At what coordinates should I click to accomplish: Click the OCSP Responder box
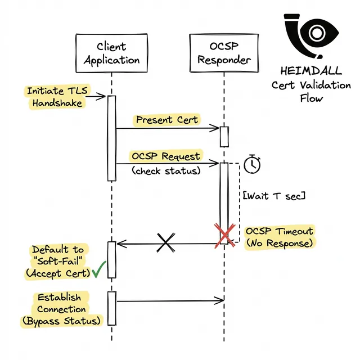[224, 53]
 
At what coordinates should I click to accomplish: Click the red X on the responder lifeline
[224, 235]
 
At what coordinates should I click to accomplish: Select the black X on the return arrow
[165, 243]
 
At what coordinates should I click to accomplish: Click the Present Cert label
[166, 120]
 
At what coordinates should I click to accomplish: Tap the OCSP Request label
[165, 156]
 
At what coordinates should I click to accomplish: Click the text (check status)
[166, 170]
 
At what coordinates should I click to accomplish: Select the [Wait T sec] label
[274, 196]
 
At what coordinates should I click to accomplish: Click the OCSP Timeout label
[280, 231]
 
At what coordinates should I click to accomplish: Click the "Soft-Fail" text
[58, 262]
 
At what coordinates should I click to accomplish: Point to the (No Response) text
[280, 244]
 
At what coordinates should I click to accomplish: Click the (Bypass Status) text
[62, 321]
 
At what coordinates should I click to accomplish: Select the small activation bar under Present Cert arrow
[224, 136]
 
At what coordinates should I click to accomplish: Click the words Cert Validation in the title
[310, 85]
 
